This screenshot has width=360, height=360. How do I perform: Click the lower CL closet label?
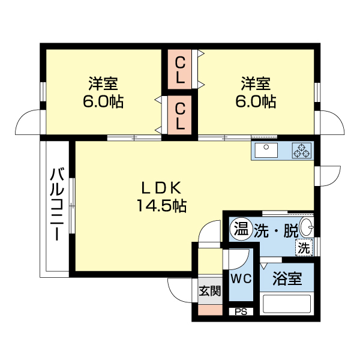[180, 116]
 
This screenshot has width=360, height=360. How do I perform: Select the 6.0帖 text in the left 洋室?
[104, 101]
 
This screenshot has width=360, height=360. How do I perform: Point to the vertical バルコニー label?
[57, 203]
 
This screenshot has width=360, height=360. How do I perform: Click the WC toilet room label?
[242, 278]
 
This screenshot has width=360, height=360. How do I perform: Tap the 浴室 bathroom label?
[287, 279]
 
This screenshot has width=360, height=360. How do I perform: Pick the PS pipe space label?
[241, 311]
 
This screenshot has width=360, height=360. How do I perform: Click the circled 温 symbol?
[241, 229]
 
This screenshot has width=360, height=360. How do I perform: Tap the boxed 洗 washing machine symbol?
[304, 246]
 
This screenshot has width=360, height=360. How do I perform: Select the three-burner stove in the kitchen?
[301, 151]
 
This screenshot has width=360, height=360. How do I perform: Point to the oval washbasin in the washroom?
[305, 228]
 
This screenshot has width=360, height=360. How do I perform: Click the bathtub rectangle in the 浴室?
[287, 302]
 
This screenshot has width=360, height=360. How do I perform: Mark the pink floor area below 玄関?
[210, 310]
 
